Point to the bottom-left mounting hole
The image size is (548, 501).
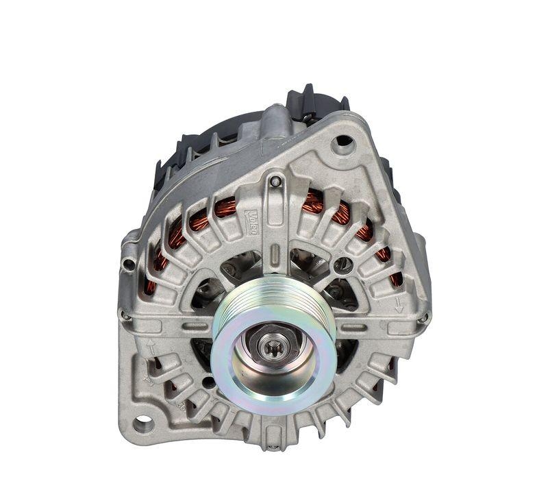[x=143, y=424]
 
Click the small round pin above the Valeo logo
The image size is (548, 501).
[x=275, y=182]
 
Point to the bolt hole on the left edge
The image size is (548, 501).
[x=128, y=265]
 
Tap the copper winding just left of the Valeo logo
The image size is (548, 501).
[x=225, y=206]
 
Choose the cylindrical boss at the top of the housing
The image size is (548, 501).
[x=275, y=120]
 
